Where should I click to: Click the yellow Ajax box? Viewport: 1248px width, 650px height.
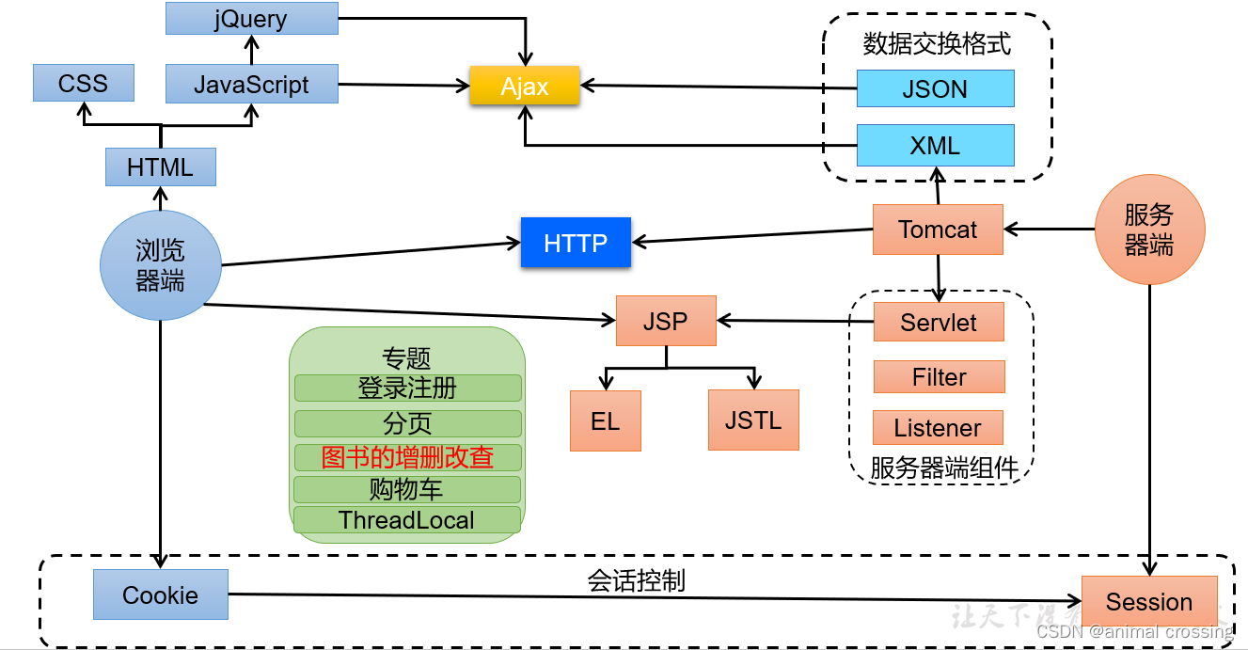click(x=524, y=87)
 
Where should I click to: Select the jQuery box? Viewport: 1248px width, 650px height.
click(x=251, y=19)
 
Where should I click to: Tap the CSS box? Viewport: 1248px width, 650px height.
click(x=83, y=84)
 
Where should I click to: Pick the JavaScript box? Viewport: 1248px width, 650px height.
click(x=251, y=85)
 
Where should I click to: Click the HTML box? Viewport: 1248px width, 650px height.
click(x=160, y=167)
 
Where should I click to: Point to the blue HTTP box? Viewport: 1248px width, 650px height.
click(x=576, y=243)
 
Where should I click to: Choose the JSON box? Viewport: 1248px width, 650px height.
click(x=935, y=89)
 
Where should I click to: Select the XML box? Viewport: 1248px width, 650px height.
click(x=935, y=146)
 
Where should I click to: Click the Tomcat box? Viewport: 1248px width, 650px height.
click(x=938, y=230)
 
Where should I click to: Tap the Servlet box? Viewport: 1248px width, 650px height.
click(x=939, y=323)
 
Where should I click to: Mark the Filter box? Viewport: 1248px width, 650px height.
click(x=939, y=377)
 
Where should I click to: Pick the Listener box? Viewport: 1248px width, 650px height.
click(x=938, y=428)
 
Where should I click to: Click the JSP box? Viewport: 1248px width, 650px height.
click(x=665, y=321)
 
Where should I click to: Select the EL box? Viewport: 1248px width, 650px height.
click(x=605, y=420)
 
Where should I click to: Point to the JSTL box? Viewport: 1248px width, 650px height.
click(x=753, y=420)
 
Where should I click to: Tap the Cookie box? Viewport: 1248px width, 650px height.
click(x=160, y=595)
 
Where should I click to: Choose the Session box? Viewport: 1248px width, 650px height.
click(x=1149, y=602)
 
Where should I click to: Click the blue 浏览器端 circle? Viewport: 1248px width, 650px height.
click(x=160, y=265)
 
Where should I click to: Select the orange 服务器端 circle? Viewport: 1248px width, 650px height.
click(x=1149, y=230)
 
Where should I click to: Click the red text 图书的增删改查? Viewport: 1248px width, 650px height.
click(x=407, y=457)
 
